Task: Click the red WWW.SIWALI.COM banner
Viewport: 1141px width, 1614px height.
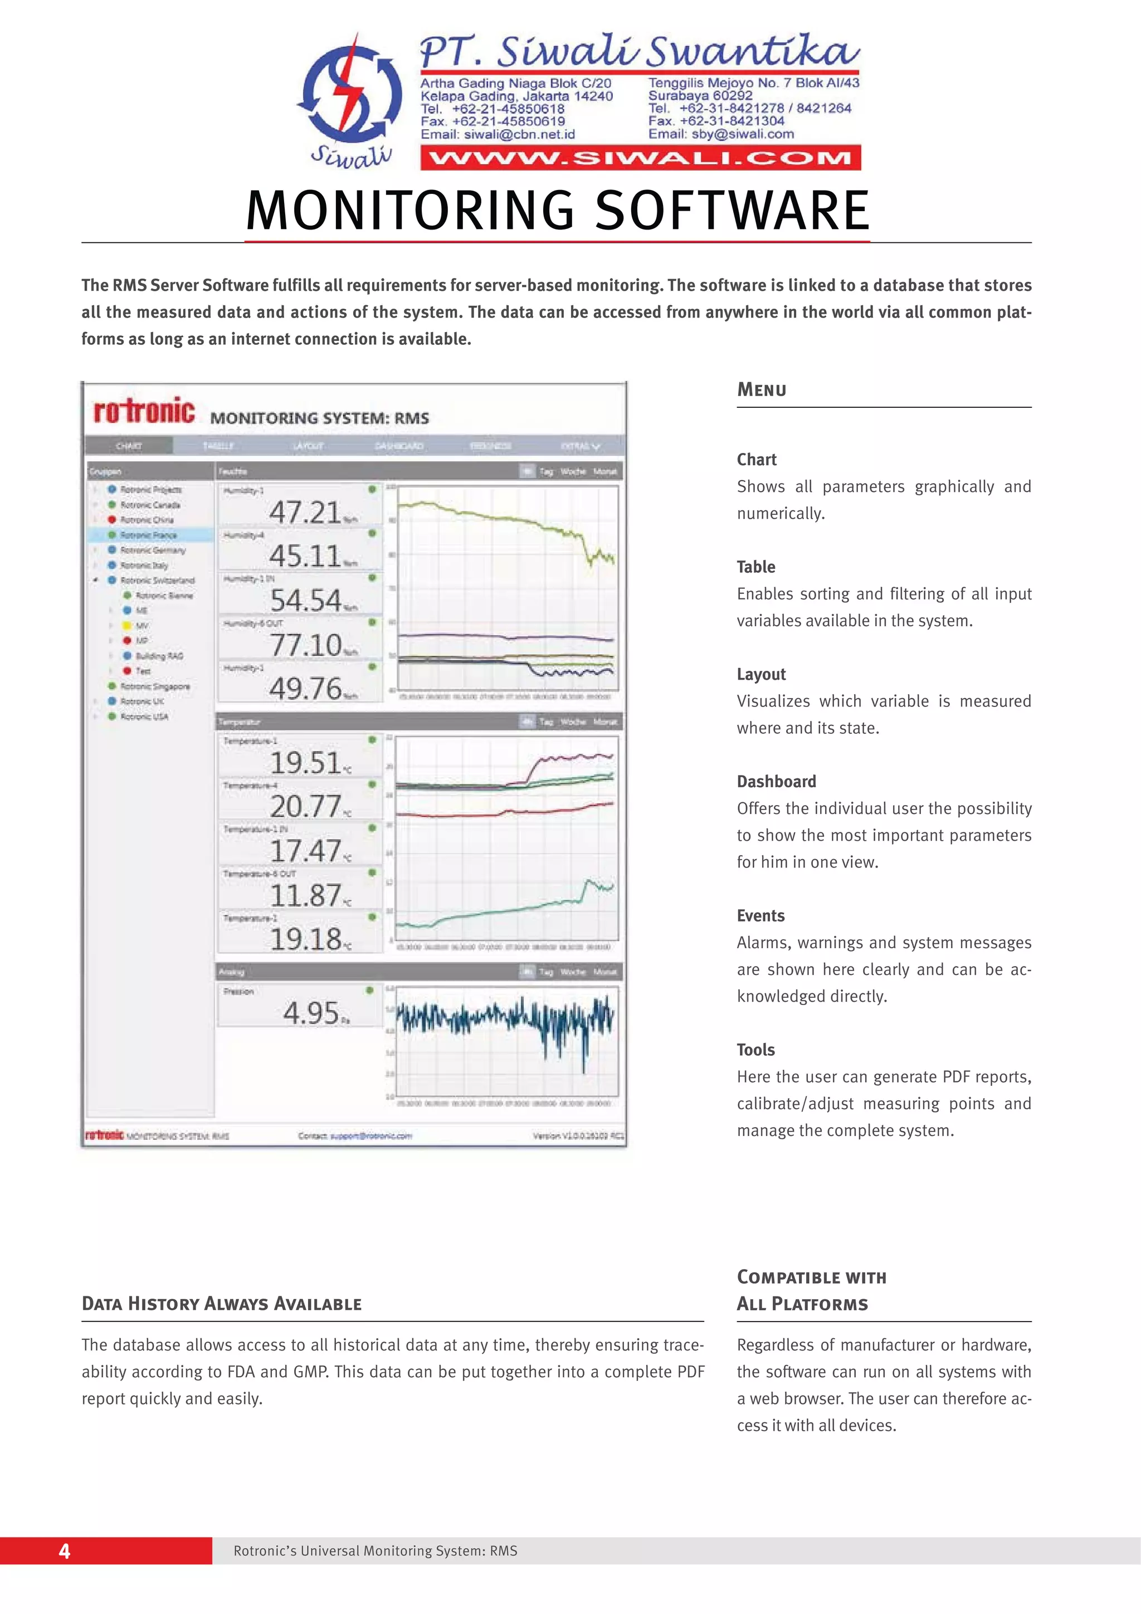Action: pos(641,158)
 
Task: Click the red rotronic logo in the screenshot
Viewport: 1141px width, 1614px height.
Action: pos(144,411)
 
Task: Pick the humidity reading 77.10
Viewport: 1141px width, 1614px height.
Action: pos(306,645)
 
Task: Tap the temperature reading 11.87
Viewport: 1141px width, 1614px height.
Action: pos(306,895)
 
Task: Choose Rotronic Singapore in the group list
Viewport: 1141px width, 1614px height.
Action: pos(155,686)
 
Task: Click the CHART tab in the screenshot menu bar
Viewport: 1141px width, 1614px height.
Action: pos(129,446)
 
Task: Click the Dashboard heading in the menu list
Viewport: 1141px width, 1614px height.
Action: pos(776,781)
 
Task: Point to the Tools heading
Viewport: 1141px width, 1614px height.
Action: pos(756,1050)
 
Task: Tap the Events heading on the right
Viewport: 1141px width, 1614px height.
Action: pos(760,915)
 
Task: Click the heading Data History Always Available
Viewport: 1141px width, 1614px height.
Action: pos(221,1304)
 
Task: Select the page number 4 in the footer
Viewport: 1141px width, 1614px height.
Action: pos(65,1550)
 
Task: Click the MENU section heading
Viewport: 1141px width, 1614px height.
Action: pos(762,389)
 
